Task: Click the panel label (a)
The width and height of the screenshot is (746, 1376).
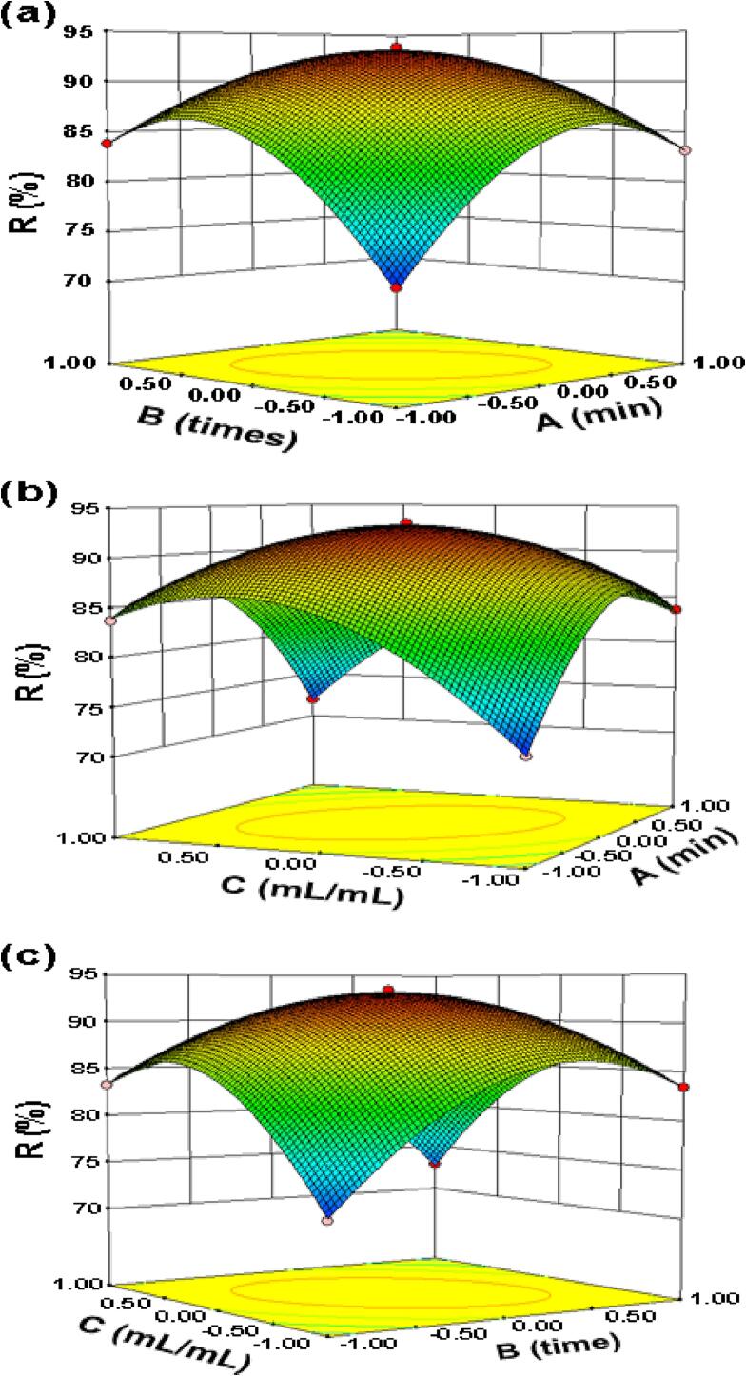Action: click(30, 16)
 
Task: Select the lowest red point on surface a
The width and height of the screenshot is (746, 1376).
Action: click(397, 288)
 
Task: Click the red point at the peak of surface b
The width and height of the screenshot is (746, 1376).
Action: click(406, 522)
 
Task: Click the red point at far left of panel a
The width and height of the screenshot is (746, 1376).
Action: click(107, 143)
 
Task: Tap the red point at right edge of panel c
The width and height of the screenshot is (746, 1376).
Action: click(684, 1087)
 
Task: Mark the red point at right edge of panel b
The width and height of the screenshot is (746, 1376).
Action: click(677, 609)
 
